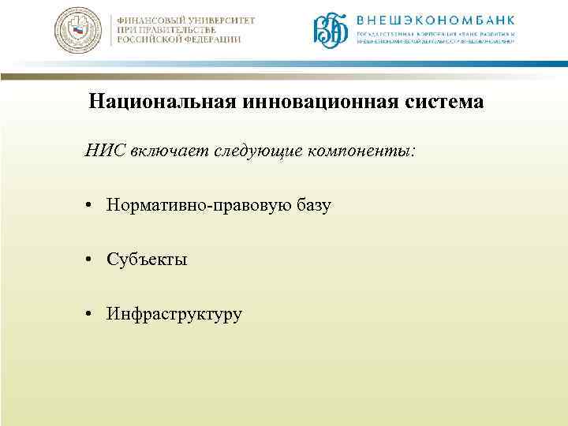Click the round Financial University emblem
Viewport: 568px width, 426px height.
coord(78,31)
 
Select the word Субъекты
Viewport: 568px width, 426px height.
coord(148,260)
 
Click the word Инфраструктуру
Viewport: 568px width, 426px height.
coord(175,315)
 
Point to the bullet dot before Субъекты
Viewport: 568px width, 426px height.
coord(92,260)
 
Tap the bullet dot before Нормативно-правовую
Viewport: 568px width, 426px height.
coord(92,206)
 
